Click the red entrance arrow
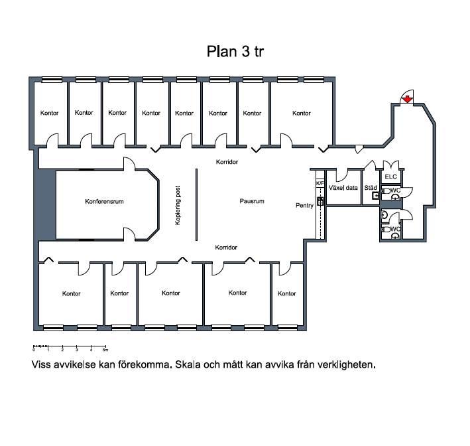tap(407, 99)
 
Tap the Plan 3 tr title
tap(235, 51)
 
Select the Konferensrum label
tap(104, 201)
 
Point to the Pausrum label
tap(252, 201)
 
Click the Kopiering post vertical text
tap(178, 205)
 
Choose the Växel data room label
tap(343, 188)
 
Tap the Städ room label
tap(371, 188)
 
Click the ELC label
tap(391, 177)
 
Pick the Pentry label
tap(304, 206)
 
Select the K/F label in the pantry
tap(320, 183)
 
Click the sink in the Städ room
tap(376, 196)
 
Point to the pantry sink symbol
tap(320, 201)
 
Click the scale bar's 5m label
tap(105, 350)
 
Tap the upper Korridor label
tap(227, 162)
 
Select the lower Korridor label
tap(226, 248)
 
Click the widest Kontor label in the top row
tap(302, 113)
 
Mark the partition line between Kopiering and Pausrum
tap(197, 204)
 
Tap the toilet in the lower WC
tap(386, 229)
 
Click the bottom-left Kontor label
tap(72, 293)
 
